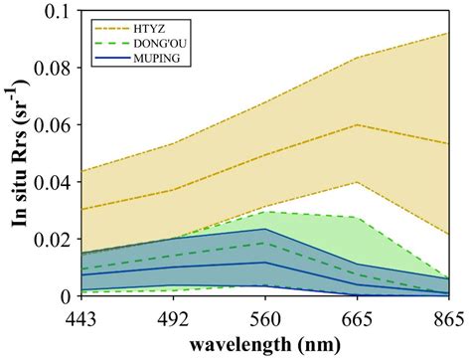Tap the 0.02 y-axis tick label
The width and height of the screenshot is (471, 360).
[48, 241]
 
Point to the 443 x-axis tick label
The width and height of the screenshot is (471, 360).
[82, 314]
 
